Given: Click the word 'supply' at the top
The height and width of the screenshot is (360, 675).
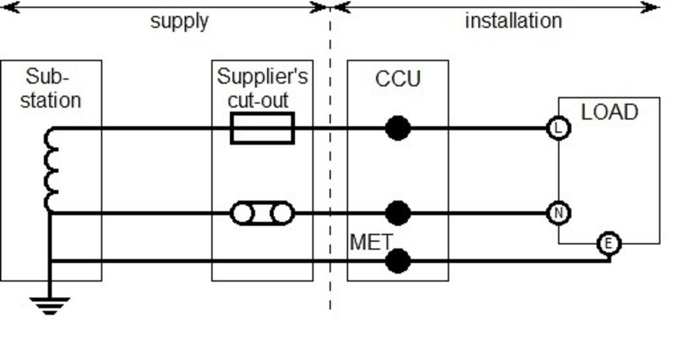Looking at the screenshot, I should pos(179,21).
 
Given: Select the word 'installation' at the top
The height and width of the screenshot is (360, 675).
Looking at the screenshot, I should pos(513,21).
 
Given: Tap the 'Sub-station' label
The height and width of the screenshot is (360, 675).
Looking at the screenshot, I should pos(50,88).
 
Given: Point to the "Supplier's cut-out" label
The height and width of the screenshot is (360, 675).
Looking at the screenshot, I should pos(262,88).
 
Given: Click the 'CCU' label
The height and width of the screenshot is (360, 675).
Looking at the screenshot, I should pos(398,79).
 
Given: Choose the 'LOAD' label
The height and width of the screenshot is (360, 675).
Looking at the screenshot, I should pos(609,112).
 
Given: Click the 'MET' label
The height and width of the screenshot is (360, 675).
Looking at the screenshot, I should pos(371,242).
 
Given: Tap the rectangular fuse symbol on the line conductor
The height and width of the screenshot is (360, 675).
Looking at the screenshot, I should pos(262,128).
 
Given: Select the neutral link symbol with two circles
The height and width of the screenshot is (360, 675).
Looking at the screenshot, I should pos(262,213).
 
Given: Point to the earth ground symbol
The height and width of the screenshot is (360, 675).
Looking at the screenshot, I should pos(50,306).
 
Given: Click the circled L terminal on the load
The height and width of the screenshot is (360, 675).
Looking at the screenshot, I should pos(558,128).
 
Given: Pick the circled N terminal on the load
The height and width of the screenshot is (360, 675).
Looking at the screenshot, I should pos(558,213).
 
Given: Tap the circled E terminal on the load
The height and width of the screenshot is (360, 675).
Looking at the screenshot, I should pos(608,244).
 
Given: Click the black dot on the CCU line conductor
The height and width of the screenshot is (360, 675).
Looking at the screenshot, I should pos(397,128).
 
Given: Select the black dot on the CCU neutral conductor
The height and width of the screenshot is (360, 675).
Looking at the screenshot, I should pos(397,213).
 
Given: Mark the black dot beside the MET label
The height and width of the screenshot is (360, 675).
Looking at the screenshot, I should pos(397,260).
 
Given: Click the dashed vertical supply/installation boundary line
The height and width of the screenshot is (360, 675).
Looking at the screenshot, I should pos(330,166).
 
